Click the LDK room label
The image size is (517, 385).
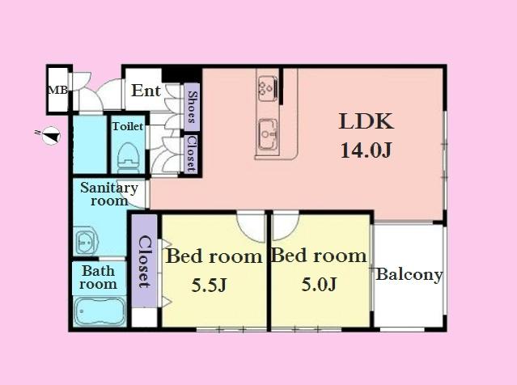(x=366, y=123)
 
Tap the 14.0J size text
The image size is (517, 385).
(x=366, y=150)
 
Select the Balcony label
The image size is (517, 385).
(x=409, y=275)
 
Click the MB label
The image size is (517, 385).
(x=57, y=91)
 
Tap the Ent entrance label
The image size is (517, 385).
(x=146, y=91)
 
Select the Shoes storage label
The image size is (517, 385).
(x=192, y=108)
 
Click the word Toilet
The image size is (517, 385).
(x=128, y=127)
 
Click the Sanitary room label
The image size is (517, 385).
(x=108, y=194)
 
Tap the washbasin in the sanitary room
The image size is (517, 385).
(x=86, y=241)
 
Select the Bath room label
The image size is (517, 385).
(x=98, y=277)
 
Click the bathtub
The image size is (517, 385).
(x=99, y=311)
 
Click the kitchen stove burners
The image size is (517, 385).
(x=268, y=87)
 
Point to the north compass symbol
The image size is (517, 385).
(x=50, y=136)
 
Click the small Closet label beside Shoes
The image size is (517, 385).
(x=191, y=153)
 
